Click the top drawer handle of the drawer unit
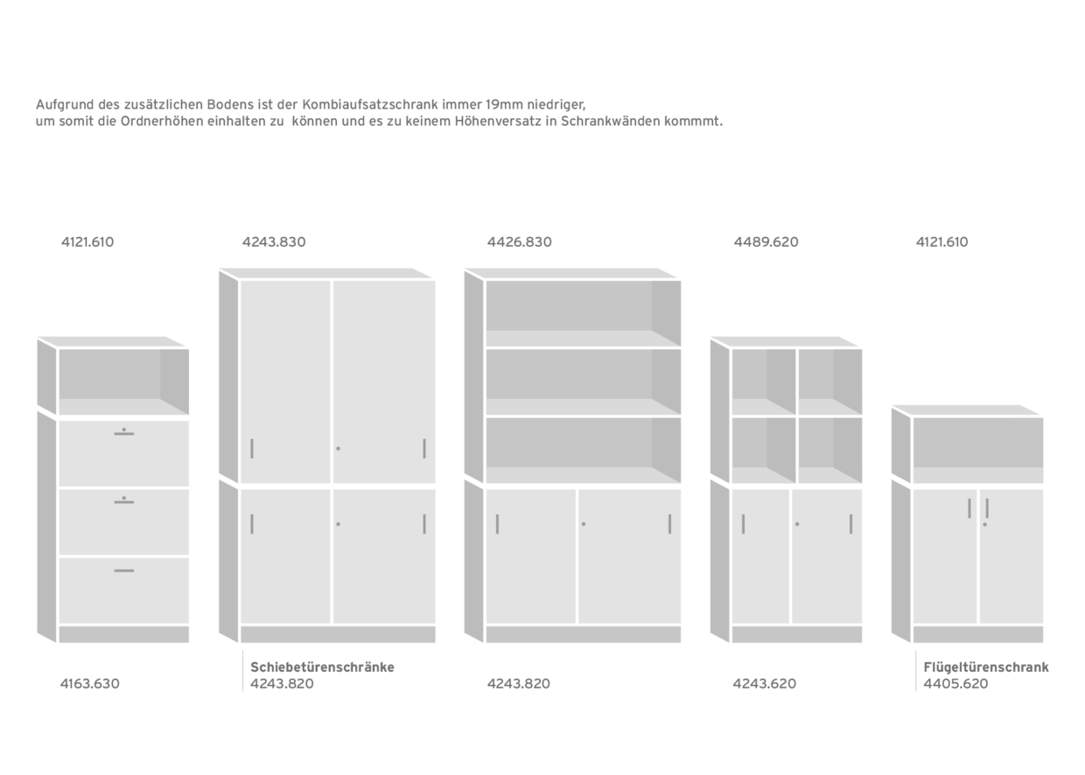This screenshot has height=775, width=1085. (x=124, y=434)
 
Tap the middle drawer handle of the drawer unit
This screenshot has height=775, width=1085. (x=124, y=503)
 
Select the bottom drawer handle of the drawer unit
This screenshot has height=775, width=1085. (x=124, y=570)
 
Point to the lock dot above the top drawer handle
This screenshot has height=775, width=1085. (x=124, y=429)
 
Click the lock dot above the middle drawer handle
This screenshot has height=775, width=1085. (x=124, y=498)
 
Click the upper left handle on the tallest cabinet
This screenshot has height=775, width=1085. (x=252, y=449)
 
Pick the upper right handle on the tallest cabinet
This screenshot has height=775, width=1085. (x=424, y=449)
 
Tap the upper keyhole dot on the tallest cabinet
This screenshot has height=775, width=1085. (x=339, y=449)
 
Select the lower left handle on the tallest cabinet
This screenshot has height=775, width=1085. (x=252, y=524)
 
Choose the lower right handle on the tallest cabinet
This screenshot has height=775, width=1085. (x=424, y=524)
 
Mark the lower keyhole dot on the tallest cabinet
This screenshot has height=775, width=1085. (x=339, y=524)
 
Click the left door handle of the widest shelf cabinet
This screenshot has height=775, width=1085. (x=498, y=524)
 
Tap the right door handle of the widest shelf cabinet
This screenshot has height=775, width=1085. (x=670, y=524)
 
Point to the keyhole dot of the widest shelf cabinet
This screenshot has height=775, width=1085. (x=584, y=524)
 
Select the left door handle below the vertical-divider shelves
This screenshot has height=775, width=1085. (x=744, y=524)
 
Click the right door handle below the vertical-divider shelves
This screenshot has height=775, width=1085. (x=850, y=524)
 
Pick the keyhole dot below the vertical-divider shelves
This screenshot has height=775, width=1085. (x=797, y=524)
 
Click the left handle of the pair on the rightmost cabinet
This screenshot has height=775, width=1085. (x=969, y=507)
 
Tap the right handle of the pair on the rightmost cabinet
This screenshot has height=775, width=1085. (x=987, y=507)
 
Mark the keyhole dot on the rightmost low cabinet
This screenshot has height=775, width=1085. (x=984, y=524)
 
